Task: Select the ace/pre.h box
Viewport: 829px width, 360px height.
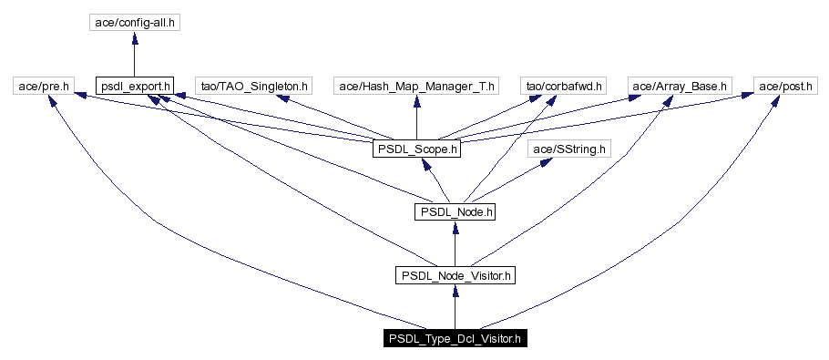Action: pyautogui.click(x=42, y=87)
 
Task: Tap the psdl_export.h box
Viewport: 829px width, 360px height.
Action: pyautogui.click(x=134, y=87)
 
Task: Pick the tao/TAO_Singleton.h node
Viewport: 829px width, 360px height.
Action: pyautogui.click(x=254, y=87)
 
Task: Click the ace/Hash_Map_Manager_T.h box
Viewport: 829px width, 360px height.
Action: pyautogui.click(x=416, y=87)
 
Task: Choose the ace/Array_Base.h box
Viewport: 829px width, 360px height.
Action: pyautogui.click(x=681, y=87)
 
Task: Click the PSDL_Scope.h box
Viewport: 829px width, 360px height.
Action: pyautogui.click(x=415, y=148)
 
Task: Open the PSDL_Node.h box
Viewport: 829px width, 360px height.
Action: pyautogui.click(x=455, y=211)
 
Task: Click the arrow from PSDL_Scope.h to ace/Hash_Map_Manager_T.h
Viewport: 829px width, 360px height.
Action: pyautogui.click(x=416, y=117)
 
